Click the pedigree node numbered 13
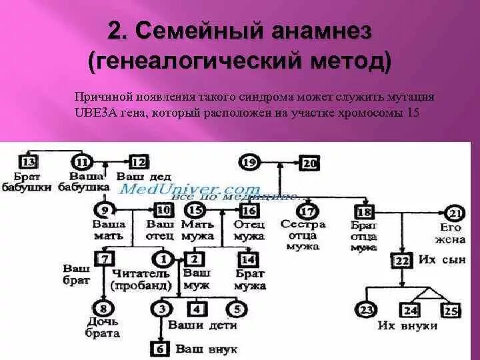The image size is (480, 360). tap(29, 162)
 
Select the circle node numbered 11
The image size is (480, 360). tap(81, 162)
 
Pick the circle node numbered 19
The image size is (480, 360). tap(249, 162)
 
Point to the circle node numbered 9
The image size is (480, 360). tap(102, 210)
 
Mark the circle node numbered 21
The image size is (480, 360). tap(455, 214)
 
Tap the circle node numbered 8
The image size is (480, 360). tap(103, 308)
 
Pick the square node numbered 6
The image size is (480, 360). tap(160, 348)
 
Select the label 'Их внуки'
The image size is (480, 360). tap(407, 326)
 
